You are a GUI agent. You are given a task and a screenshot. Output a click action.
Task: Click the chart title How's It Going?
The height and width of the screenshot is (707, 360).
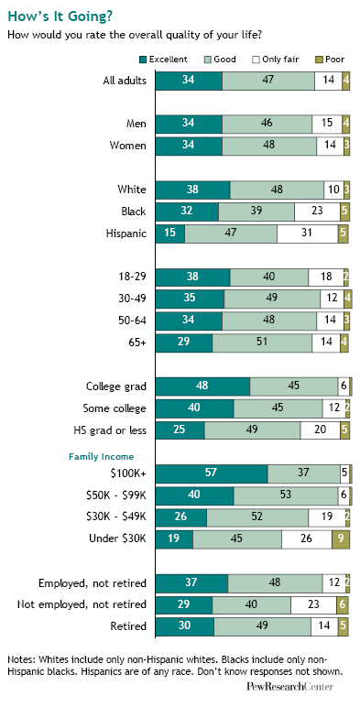(60, 16)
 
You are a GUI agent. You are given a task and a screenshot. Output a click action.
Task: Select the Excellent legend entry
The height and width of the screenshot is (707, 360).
(163, 60)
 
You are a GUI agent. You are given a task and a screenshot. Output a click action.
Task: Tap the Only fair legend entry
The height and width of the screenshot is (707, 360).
(276, 60)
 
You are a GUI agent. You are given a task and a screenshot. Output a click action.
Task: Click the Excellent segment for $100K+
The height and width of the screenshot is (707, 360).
(212, 473)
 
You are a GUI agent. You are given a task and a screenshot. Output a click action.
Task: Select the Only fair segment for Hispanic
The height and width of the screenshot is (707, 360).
(308, 234)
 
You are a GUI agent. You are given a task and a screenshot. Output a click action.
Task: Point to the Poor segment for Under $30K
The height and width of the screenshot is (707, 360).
(341, 538)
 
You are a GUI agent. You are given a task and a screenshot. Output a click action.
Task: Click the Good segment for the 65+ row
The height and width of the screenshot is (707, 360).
(262, 343)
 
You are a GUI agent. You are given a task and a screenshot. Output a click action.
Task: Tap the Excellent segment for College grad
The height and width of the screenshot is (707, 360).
(203, 386)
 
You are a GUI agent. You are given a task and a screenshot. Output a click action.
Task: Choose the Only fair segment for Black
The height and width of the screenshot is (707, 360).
(317, 212)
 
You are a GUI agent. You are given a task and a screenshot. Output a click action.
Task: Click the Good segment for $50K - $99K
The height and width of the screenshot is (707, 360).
(286, 495)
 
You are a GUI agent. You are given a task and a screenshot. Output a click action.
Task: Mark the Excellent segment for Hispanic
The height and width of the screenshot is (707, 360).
(170, 234)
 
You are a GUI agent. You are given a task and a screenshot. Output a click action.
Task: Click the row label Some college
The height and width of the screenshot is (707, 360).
(115, 408)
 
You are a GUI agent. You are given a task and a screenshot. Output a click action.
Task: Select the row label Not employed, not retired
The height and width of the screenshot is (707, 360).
(82, 604)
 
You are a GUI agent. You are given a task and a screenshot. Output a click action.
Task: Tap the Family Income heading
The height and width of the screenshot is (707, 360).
(101, 457)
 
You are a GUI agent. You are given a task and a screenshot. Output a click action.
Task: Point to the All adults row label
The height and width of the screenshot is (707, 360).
(125, 82)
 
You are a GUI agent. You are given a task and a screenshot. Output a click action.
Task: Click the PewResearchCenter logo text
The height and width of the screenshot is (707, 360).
(290, 687)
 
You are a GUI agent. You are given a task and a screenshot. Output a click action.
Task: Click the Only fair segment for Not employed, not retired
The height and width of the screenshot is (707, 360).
(313, 604)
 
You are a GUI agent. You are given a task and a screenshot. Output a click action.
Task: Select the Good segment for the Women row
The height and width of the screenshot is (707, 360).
(269, 147)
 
